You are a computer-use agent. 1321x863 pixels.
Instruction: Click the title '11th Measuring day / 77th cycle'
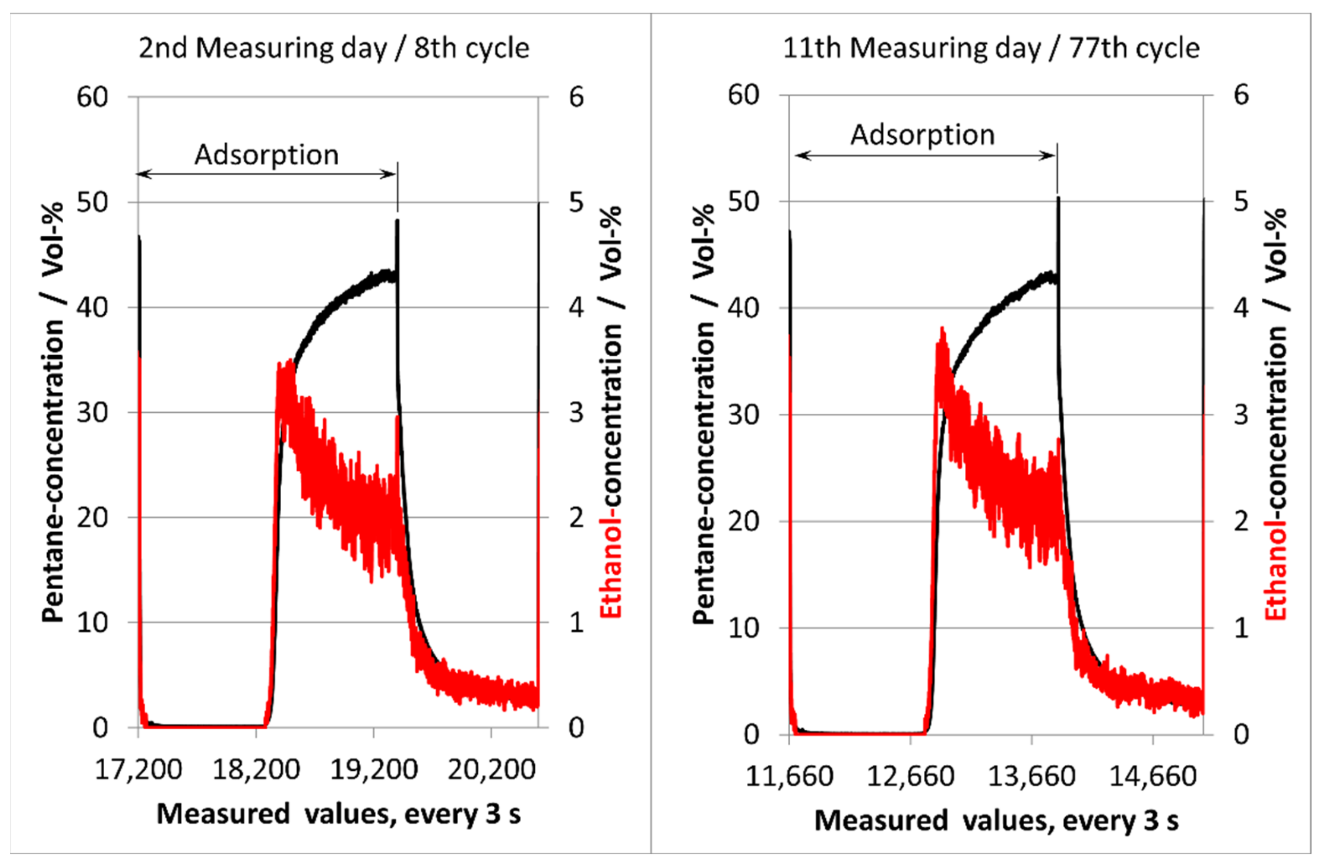point(991,48)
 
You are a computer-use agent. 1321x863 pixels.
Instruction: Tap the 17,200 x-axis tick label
point(138,770)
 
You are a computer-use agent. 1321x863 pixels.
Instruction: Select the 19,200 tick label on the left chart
point(373,770)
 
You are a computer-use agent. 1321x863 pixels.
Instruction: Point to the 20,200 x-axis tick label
point(491,770)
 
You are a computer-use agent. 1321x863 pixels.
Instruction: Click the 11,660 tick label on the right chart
point(789,776)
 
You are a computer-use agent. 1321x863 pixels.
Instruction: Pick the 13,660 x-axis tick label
point(1031,776)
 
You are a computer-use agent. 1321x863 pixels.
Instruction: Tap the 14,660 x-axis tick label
point(1153,776)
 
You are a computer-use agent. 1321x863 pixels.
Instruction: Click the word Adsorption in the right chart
point(923,135)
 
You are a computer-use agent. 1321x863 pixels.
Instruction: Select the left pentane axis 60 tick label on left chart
point(92,97)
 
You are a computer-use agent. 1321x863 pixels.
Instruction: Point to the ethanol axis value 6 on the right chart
point(1241,95)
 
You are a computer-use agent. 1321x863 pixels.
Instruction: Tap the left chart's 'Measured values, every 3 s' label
point(339,814)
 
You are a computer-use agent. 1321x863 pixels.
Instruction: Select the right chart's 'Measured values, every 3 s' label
point(996,820)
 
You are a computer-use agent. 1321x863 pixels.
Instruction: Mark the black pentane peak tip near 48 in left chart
point(398,221)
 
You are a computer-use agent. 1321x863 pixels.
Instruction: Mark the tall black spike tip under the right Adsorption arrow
point(1058,197)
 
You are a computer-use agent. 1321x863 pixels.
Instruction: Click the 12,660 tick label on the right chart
point(910,776)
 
